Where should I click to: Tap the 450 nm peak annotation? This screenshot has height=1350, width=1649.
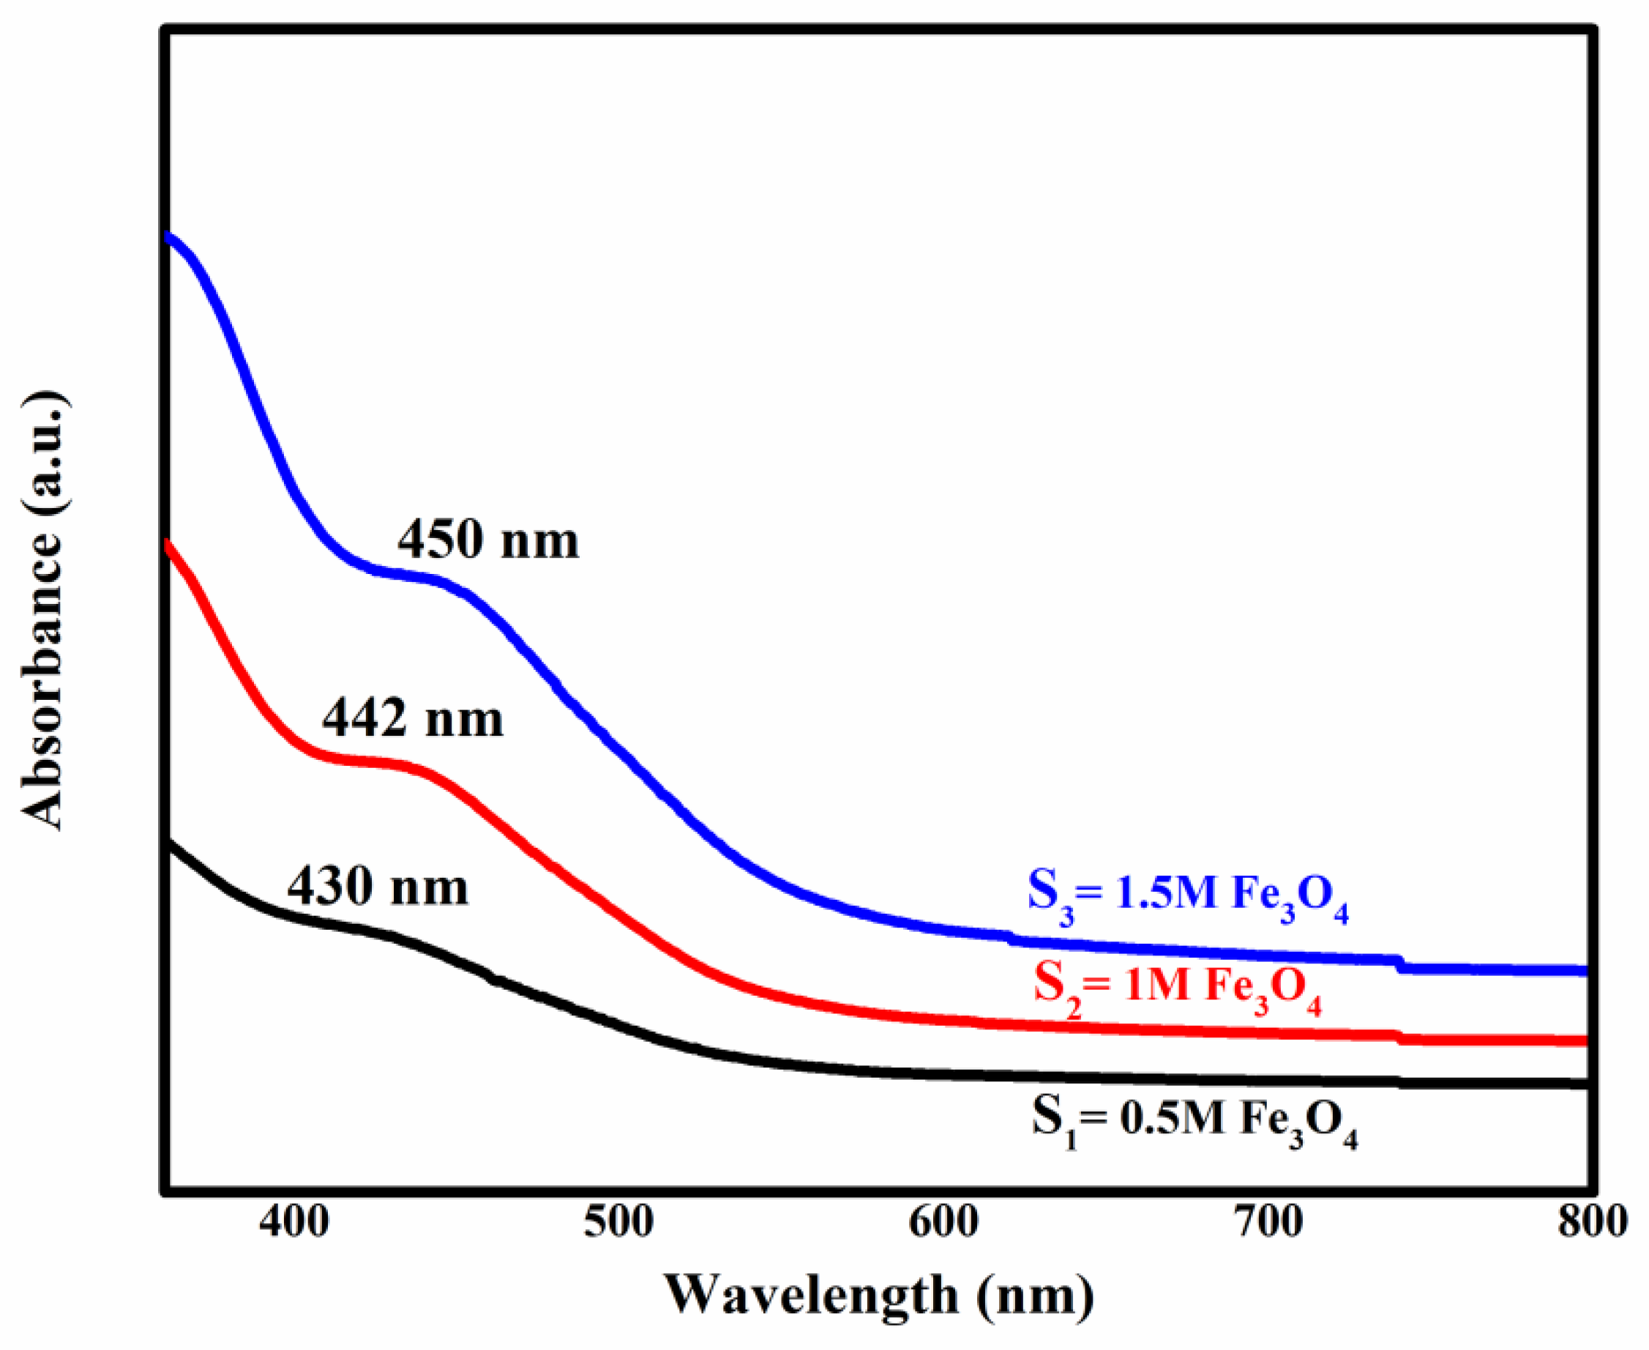(488, 540)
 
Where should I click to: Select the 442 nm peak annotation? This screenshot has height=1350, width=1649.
(413, 718)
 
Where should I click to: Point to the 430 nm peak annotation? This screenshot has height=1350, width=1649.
(378, 887)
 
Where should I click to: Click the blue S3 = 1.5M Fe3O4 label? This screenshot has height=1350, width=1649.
(1188, 898)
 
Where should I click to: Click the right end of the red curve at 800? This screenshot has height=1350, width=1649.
(1583, 1040)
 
